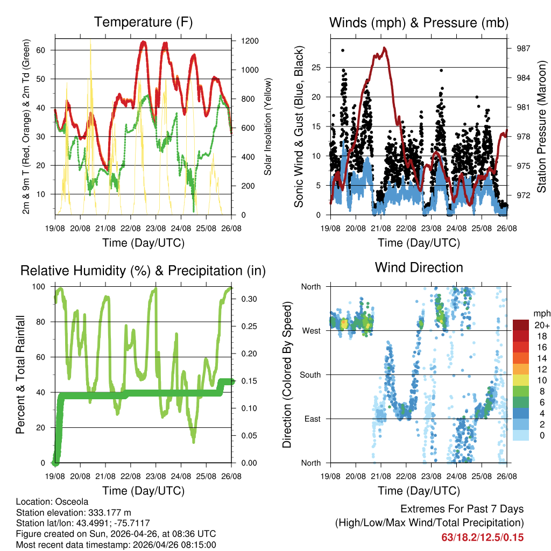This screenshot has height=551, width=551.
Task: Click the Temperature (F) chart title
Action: pos(143,23)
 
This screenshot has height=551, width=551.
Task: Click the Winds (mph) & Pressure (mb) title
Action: pos(419,23)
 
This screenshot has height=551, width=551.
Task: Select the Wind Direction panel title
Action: pos(419,267)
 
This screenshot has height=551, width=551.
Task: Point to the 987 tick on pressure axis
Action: pos(523,48)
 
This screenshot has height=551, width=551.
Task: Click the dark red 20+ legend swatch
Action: pos(521,324)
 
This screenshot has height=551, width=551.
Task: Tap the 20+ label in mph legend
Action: pos(541,325)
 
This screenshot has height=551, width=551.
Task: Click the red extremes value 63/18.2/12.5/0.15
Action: pos(482,538)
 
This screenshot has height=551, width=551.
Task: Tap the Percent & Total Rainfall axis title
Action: pos(20,374)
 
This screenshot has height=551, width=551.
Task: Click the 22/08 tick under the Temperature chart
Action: pos(131,228)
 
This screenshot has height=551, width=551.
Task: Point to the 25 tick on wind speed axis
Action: pos(317,67)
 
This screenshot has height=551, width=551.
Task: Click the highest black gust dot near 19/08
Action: pos(343,50)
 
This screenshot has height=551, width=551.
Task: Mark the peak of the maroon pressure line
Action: pos(385,48)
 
